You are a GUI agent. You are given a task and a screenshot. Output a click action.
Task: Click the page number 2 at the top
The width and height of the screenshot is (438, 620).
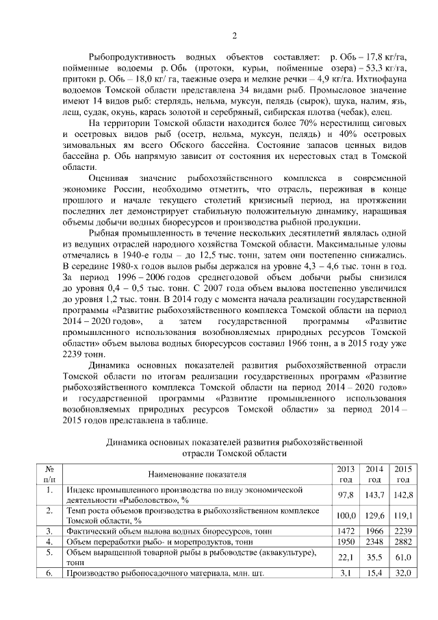[234, 36]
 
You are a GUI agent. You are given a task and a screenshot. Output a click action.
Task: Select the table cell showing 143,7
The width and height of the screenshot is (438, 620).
[374, 495]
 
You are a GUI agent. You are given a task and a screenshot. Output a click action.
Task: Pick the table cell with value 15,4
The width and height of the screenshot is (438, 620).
[374, 573]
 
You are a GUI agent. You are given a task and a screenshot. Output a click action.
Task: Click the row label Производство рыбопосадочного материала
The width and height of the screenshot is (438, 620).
[151, 573]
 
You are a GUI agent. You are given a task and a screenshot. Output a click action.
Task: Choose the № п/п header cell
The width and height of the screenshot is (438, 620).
[49, 473]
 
